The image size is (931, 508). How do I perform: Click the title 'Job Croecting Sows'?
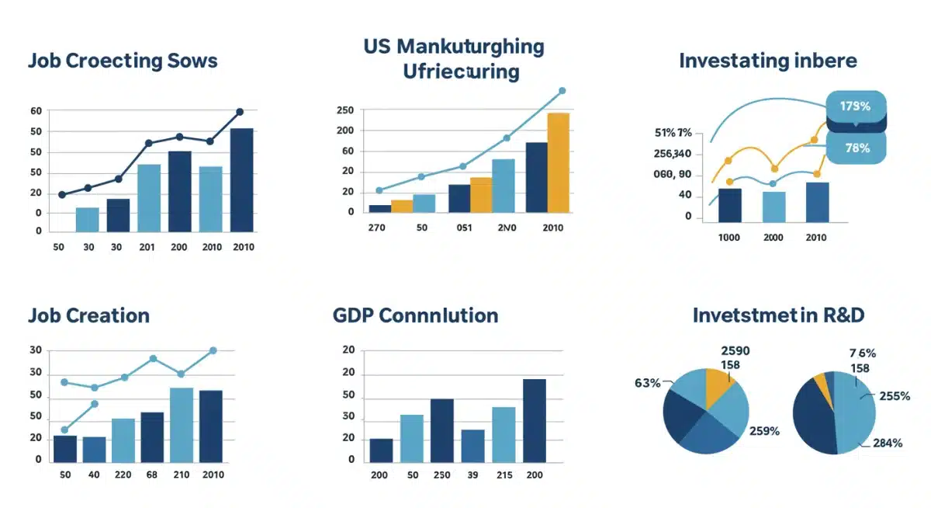[123, 61]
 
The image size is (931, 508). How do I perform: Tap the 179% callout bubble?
[854, 105]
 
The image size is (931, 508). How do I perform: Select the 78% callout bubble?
[856, 148]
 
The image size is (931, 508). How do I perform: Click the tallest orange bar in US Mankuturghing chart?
[558, 162]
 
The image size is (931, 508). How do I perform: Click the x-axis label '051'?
[462, 228]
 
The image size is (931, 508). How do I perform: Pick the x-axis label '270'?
[377, 228]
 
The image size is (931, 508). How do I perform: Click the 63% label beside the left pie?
[647, 383]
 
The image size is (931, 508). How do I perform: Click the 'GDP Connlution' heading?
[415, 316]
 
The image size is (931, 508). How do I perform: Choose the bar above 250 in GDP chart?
[441, 430]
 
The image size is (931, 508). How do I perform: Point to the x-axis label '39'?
[472, 475]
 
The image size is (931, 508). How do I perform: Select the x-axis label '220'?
[123, 475]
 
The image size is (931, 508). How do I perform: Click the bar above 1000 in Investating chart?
[730, 205]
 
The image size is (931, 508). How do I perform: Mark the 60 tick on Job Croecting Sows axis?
[36, 111]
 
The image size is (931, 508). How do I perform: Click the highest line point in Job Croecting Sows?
[240, 112]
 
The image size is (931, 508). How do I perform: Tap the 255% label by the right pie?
[894, 395]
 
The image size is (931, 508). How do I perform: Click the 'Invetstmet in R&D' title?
[778, 315]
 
